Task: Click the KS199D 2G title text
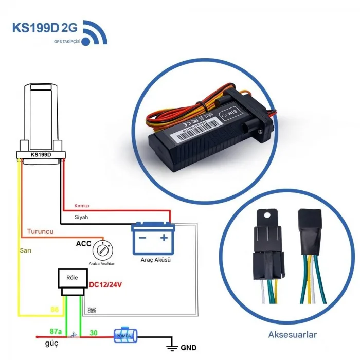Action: pos(45,28)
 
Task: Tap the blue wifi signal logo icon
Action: pos(95,32)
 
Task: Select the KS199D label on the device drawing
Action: pos(41,154)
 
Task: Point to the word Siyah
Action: pos(81,217)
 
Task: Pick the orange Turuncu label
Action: pos(40,232)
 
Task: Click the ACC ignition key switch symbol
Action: pos(103,251)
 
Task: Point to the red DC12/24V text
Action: pos(108,283)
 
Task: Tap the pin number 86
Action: pos(53,310)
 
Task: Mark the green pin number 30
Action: pos(94,333)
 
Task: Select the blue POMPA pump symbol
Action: pos(123,336)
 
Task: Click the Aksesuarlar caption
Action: pos(293,335)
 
